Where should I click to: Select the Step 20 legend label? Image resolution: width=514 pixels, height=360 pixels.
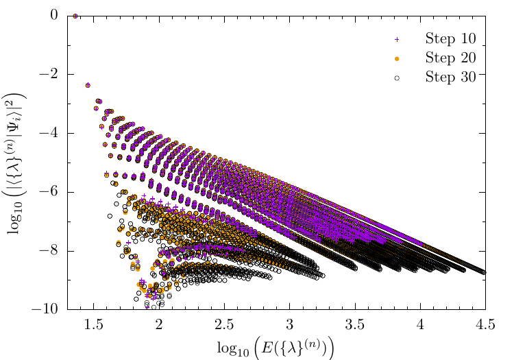pyautogui.click(x=445, y=56)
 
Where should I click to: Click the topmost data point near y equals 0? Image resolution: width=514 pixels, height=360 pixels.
pyautogui.click(x=76, y=16)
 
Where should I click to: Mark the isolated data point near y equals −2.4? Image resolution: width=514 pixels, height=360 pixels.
pyautogui.click(x=88, y=86)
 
